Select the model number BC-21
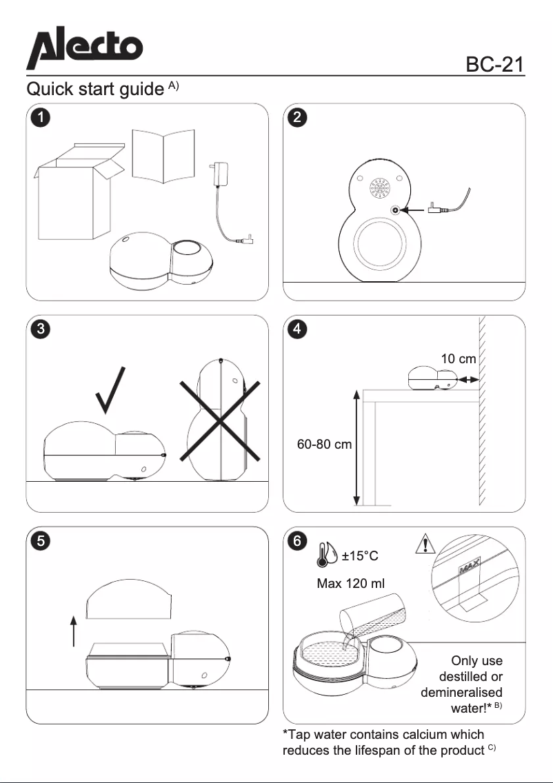coord(495,64)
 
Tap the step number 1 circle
coord(41,117)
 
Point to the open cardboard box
coord(75,190)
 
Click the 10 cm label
coord(459,358)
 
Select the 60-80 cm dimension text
coord(324,445)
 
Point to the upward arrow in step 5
coord(73,631)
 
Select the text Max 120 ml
coord(350,584)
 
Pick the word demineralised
coord(461,691)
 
